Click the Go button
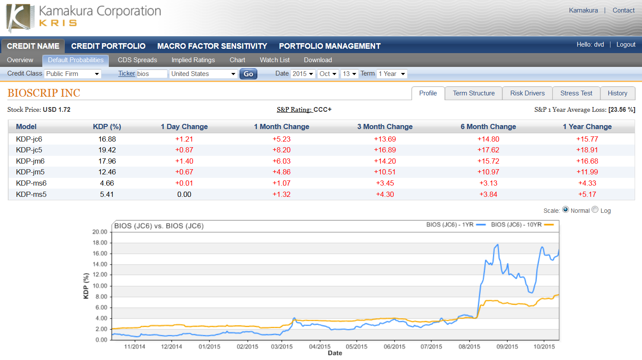pyautogui.click(x=248, y=74)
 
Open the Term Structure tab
pyautogui.click(x=474, y=93)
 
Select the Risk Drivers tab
pyautogui.click(x=527, y=93)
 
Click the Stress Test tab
pyautogui.click(x=576, y=93)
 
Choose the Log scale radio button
pyautogui.click(x=595, y=210)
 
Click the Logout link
pyautogui.click(x=626, y=44)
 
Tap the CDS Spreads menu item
pyautogui.click(x=137, y=60)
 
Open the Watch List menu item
pyautogui.click(x=275, y=60)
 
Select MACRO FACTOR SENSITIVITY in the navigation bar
pyautogui.click(x=212, y=46)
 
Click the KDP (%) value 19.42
pyautogui.click(x=107, y=150)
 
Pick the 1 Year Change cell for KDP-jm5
pyautogui.click(x=587, y=172)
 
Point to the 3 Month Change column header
pyautogui.click(x=385, y=126)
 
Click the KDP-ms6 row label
pyautogui.click(x=31, y=183)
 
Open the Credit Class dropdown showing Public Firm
pyautogui.click(x=73, y=74)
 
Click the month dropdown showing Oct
pyautogui.click(x=328, y=74)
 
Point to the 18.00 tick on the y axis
pyautogui.click(x=100, y=243)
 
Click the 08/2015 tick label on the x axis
pyautogui.click(x=469, y=347)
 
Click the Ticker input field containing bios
pyautogui.click(x=151, y=74)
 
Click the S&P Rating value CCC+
pyautogui.click(x=323, y=110)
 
